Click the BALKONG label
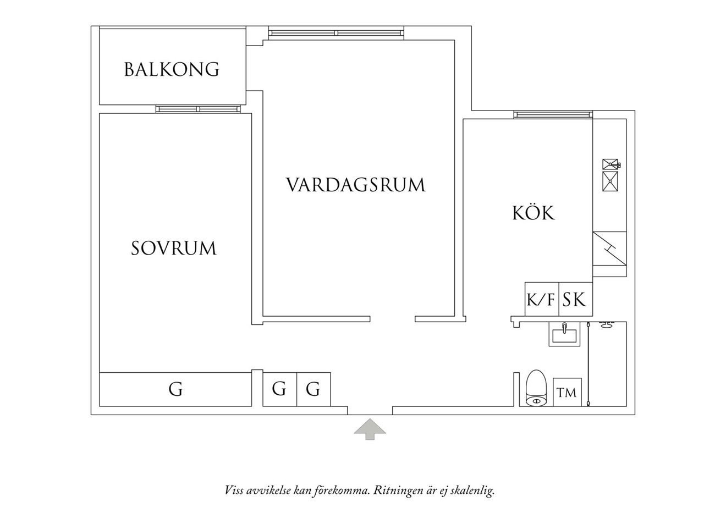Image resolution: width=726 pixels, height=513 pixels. click(x=172, y=69)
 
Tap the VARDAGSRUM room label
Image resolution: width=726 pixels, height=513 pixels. click(x=355, y=185)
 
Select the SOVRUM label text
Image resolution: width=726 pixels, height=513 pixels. click(x=174, y=248)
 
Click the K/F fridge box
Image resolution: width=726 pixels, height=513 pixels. click(x=542, y=299)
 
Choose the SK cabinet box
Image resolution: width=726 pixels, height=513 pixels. click(x=576, y=299)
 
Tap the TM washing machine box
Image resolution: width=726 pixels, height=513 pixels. click(x=567, y=392)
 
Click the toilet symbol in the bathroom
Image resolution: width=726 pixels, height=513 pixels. click(x=536, y=388)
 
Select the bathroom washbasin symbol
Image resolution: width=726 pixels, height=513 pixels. click(x=564, y=334)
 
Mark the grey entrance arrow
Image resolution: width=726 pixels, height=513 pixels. click(x=370, y=429)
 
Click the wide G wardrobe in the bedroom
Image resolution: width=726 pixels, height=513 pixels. click(x=175, y=389)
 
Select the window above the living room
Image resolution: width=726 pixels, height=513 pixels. click(x=337, y=33)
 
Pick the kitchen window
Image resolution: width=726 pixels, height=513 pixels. click(x=553, y=115)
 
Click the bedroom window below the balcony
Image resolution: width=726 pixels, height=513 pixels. click(x=198, y=109)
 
